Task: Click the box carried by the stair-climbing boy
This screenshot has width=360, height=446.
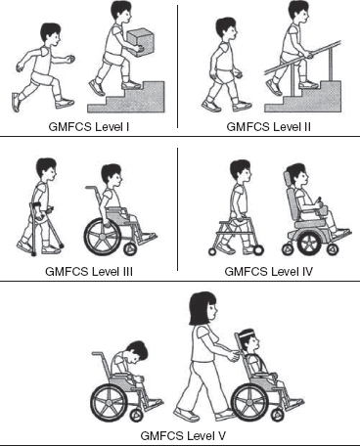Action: click(140, 42)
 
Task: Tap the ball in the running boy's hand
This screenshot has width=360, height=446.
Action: click(70, 59)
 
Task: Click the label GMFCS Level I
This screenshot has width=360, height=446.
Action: click(89, 126)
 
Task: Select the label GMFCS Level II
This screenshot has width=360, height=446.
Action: click(268, 126)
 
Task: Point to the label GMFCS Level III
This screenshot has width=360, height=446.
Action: click(89, 271)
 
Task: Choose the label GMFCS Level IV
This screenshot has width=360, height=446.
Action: click(269, 271)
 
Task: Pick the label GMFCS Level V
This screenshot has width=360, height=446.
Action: click(183, 435)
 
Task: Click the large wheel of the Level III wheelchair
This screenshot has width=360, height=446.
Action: click(103, 236)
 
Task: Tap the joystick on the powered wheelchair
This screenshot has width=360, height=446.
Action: click(320, 201)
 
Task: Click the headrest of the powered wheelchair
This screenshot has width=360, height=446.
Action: click(288, 179)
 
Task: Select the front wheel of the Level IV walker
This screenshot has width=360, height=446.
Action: click(258, 250)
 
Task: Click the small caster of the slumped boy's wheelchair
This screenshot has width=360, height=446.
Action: click(137, 415)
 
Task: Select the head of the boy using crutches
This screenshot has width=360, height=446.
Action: click(46, 169)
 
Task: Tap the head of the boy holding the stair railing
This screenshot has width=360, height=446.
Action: click(226, 29)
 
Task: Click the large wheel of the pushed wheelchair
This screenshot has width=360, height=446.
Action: click(250, 403)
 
